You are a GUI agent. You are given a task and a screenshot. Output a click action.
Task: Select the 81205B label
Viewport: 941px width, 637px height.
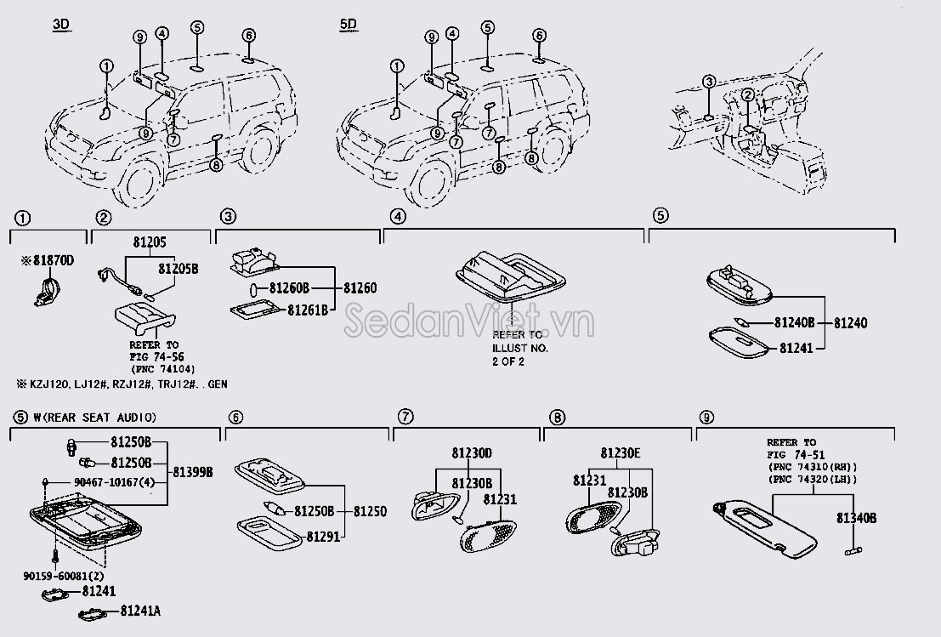pos(178,269)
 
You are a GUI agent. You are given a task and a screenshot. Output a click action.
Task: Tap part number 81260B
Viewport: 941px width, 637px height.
pos(291,289)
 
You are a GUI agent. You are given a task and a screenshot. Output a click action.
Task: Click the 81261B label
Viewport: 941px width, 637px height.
pos(307,310)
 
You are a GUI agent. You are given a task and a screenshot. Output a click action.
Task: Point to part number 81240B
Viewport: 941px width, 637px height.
pos(794,323)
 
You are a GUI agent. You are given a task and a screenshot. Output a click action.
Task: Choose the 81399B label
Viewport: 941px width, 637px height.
pos(193,470)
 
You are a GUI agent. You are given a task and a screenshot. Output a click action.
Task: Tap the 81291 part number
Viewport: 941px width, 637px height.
pos(322,537)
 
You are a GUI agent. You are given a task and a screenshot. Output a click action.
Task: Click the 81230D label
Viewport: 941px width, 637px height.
pos(472,454)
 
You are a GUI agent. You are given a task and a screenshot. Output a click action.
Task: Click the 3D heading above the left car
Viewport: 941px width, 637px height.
pos(60,25)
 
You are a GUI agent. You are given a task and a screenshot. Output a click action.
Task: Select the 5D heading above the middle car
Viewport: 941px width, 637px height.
pos(349,25)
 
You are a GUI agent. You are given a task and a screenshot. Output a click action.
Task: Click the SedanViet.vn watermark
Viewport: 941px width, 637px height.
pos(472,322)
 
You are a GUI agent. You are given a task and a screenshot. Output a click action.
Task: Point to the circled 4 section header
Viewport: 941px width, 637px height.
pos(395,218)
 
